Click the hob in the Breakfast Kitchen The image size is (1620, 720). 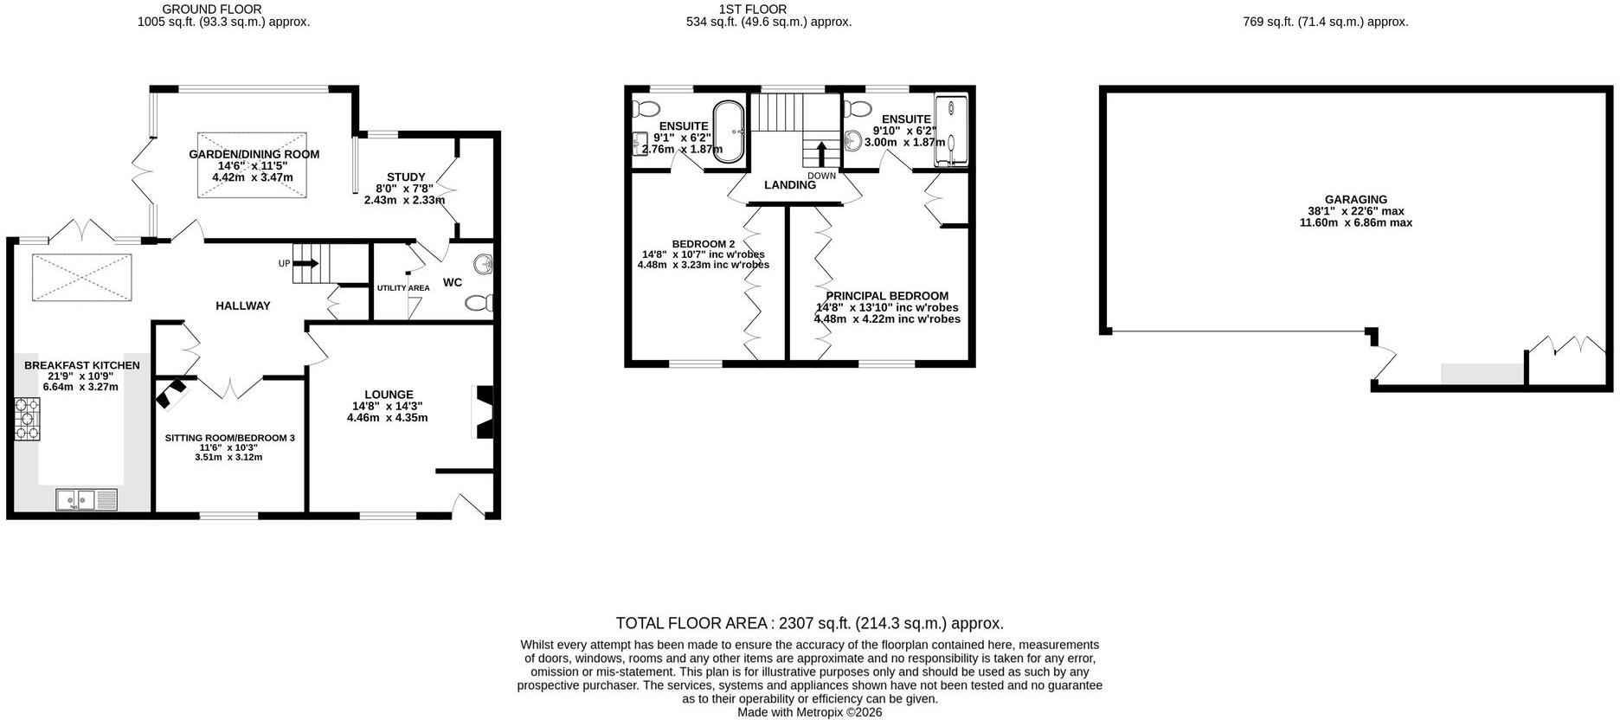27,419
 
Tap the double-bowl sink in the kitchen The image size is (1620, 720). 87,500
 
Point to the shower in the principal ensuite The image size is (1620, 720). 951,131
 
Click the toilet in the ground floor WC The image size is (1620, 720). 479,303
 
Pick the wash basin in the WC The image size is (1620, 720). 483,263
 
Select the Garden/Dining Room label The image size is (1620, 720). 254,154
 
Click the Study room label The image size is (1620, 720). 406,177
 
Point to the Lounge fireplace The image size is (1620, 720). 484,413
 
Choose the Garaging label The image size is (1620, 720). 1355,199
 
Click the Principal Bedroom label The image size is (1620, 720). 887,296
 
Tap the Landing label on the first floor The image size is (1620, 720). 790,185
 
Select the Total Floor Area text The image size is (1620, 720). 809,623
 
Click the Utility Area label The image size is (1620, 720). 403,288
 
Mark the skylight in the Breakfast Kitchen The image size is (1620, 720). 82,277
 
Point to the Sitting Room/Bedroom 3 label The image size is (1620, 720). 229,438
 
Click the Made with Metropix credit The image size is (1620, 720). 809,712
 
